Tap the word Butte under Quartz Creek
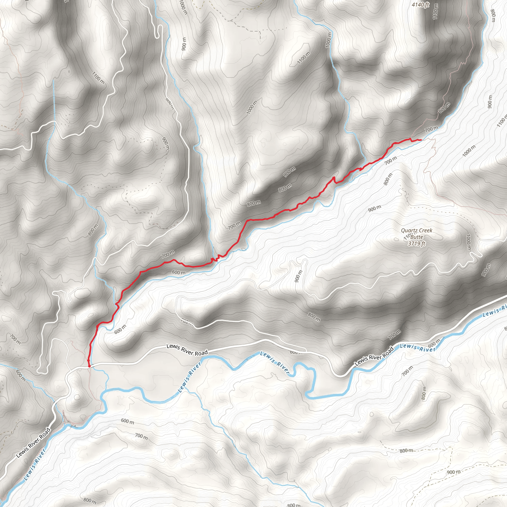pos(417,237)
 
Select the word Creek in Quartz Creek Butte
pos(425,230)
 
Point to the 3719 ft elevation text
pos(416,244)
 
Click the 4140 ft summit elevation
pos(420,4)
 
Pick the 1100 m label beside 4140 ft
pos(435,12)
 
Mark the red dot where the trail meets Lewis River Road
pos(89,366)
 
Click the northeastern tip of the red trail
pos(421,140)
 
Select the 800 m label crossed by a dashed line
pos(406,451)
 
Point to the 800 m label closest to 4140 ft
pos(493,16)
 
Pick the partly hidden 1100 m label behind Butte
pos(406,237)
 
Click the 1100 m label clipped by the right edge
pos(502,121)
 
